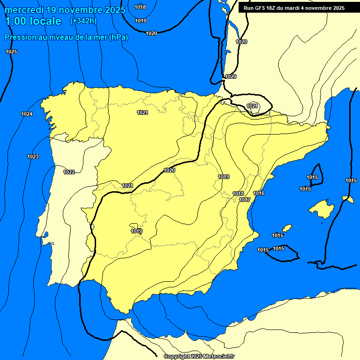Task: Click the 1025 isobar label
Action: point(11,52)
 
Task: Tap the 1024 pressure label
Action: point(27,114)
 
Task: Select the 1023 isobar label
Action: point(33,157)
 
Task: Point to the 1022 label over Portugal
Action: point(69,172)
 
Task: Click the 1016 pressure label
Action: point(259,194)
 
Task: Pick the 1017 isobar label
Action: point(245,200)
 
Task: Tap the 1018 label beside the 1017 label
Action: point(238,194)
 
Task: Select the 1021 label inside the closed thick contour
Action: point(252,106)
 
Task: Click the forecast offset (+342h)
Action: point(83,21)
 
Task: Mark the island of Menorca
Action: point(347,199)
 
